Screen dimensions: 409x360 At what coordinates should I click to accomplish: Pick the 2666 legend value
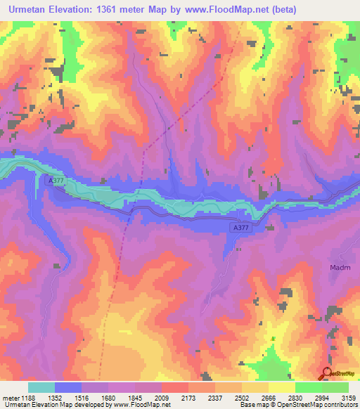(x=267, y=397)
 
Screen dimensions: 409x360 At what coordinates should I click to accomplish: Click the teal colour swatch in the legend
(x=41, y=387)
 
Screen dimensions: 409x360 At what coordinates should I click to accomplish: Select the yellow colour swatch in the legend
(x=282, y=387)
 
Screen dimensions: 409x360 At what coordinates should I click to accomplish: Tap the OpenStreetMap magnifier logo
(x=327, y=373)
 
